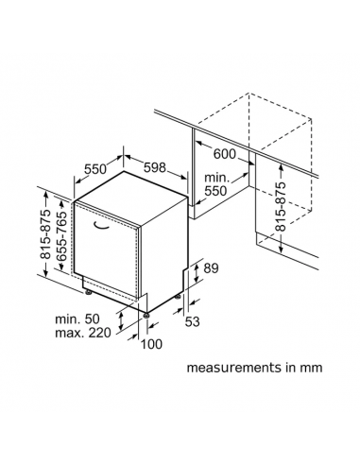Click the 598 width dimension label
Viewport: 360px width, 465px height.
tap(155, 167)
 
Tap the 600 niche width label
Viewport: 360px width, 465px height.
tap(225, 154)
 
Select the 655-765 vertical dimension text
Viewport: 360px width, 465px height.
tap(61, 236)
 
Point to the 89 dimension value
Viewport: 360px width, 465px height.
tap(211, 268)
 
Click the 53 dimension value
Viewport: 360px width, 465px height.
tap(192, 321)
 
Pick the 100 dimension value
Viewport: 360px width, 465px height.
tap(151, 344)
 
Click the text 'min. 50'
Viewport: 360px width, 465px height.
tap(77, 319)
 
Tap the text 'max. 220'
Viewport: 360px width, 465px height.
tap(83, 333)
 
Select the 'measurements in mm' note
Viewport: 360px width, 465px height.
tap(254, 368)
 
